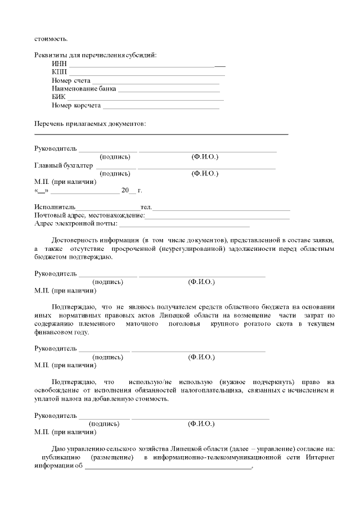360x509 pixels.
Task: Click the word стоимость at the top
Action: click(x=51, y=39)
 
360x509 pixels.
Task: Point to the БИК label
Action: click(x=58, y=97)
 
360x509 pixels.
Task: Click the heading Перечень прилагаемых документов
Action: click(x=90, y=123)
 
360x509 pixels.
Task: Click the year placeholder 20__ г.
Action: click(x=135, y=191)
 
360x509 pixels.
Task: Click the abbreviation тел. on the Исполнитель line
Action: click(x=146, y=207)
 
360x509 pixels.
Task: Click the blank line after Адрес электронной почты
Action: click(x=183, y=224)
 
